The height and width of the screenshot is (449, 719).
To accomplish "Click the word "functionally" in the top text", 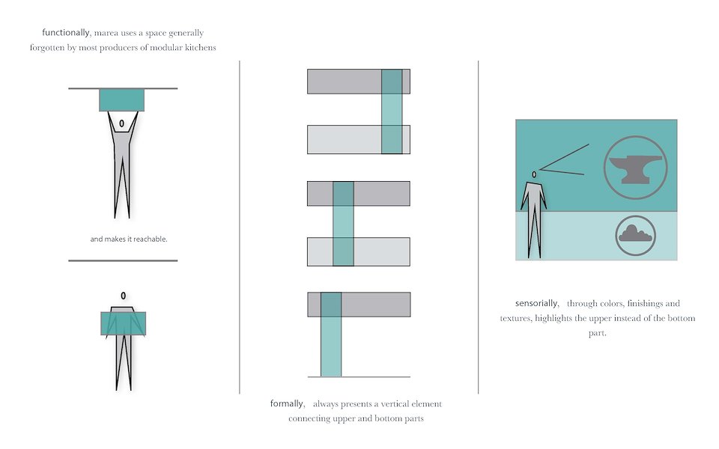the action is (66, 32).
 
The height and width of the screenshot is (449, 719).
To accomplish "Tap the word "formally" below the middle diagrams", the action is (288, 403).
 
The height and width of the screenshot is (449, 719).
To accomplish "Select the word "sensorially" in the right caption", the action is (537, 303).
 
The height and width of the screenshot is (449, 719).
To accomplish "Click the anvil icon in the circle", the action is (636, 169).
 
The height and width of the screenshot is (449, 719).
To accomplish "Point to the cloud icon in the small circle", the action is (636, 233).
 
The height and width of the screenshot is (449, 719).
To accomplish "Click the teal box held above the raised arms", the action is (121, 100).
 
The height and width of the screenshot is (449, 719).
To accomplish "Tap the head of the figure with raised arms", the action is (121, 123).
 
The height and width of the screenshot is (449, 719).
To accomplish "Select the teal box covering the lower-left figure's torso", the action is (124, 323).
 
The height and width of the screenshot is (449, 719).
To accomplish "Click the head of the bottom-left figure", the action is (124, 296).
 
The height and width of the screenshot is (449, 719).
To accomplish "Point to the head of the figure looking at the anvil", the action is (534, 174).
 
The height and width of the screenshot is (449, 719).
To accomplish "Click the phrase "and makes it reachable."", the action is (129, 239).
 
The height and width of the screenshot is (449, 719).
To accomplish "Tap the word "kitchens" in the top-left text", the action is (201, 48).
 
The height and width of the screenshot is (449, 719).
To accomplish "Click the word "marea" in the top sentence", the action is (106, 33).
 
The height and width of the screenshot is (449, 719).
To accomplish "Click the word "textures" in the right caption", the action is (515, 318).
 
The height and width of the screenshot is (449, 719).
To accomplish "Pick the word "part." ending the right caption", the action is (598, 333).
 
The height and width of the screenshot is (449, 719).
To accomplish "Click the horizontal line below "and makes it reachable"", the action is (123, 260).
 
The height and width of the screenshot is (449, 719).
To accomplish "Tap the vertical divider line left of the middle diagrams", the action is (240, 227).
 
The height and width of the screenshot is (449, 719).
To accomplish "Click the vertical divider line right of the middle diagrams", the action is (479, 227).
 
